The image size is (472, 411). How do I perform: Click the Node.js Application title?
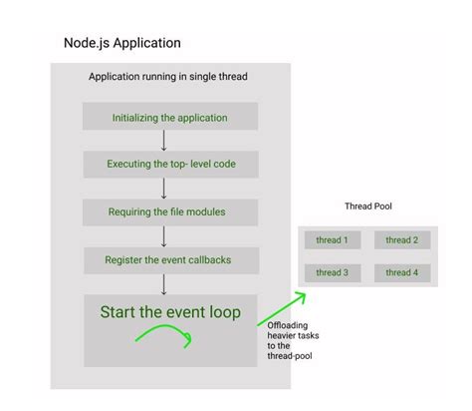pos(122,44)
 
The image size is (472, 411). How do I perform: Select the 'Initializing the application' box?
pos(169,117)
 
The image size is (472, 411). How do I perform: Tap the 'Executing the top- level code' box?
pos(169,164)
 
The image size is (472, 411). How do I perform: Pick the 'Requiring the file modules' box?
pos(169,211)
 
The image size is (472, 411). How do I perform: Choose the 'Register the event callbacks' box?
pos(169,259)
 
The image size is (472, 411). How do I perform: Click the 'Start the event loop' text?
pos(169,311)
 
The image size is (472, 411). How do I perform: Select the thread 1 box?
pos(332,239)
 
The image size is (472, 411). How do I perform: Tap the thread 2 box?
pos(402,239)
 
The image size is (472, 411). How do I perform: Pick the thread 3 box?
pos(332,271)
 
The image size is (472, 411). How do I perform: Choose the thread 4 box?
pos(402,271)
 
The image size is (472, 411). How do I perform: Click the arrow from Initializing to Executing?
pos(163,141)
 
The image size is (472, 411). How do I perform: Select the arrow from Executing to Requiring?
pos(163,188)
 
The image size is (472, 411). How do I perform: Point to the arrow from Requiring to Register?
pos(163,235)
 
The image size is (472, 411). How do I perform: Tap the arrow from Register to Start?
pos(163,282)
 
